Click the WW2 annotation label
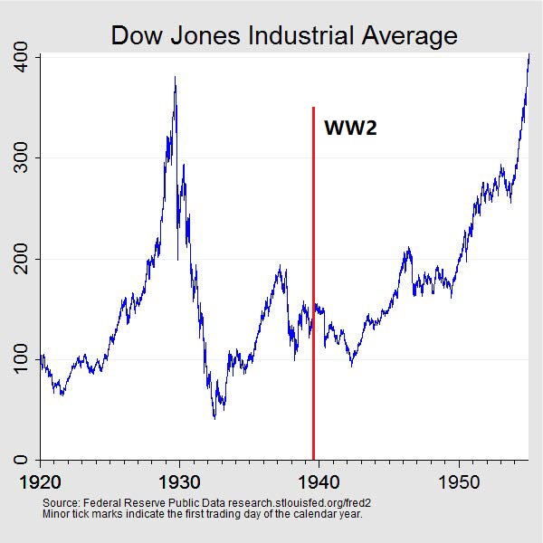click(x=349, y=129)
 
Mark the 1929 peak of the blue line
click(x=175, y=78)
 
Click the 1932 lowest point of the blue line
click(x=214, y=418)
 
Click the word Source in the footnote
click(x=61, y=502)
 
